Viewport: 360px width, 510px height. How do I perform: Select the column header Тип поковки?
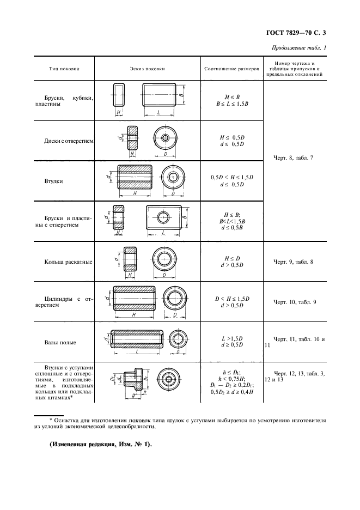(x=64, y=69)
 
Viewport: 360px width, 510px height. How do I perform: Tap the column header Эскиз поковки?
(x=147, y=69)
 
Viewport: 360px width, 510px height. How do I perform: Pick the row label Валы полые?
(x=60, y=342)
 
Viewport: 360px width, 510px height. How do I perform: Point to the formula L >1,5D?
(x=232, y=338)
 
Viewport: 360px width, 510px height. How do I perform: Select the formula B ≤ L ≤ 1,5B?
(x=232, y=103)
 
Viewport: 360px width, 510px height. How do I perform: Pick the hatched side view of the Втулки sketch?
(x=134, y=177)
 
